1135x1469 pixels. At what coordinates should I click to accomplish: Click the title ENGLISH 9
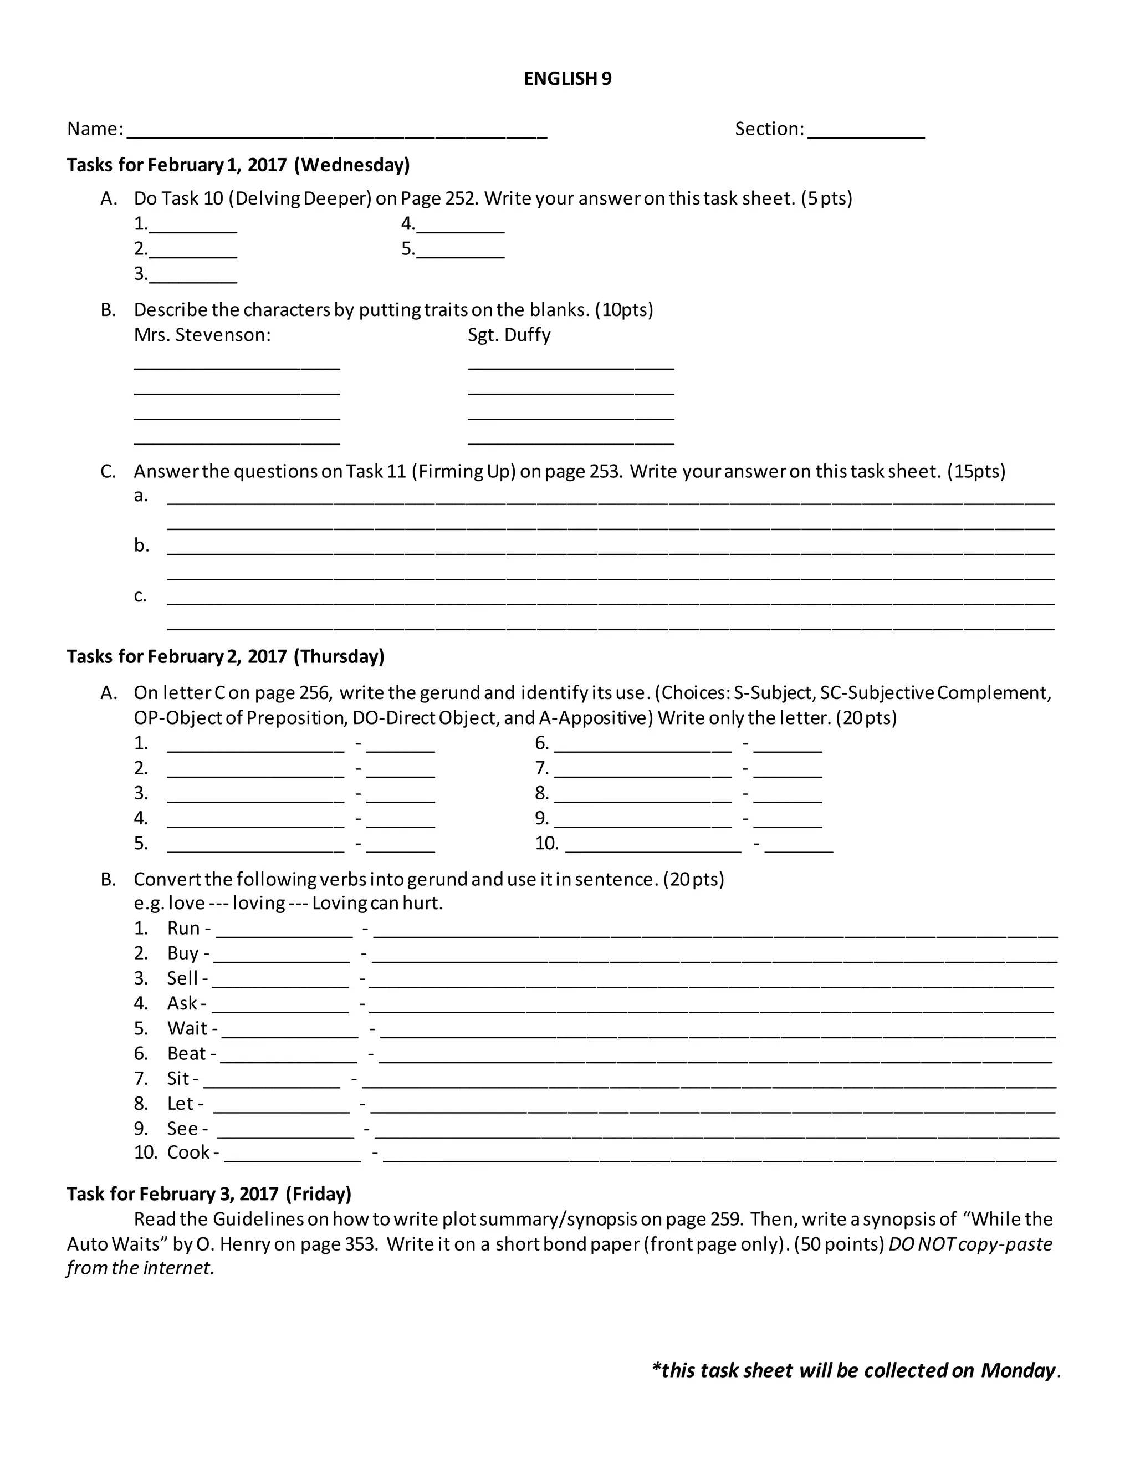[x=567, y=79]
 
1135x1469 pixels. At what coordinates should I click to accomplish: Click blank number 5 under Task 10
[x=460, y=253]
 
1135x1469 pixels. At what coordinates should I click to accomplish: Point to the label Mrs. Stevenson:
[x=202, y=335]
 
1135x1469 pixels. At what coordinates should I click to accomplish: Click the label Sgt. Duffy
[x=509, y=335]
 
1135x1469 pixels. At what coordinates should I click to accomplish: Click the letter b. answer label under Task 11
[x=141, y=545]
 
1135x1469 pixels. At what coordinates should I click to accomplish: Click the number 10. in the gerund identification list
[x=546, y=844]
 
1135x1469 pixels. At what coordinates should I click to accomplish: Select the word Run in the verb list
[x=183, y=928]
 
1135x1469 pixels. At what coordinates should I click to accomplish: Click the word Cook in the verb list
[x=188, y=1152]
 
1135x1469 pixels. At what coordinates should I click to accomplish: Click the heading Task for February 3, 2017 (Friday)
[x=209, y=1194]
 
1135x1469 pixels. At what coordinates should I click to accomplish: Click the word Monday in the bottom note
[x=1018, y=1370]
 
